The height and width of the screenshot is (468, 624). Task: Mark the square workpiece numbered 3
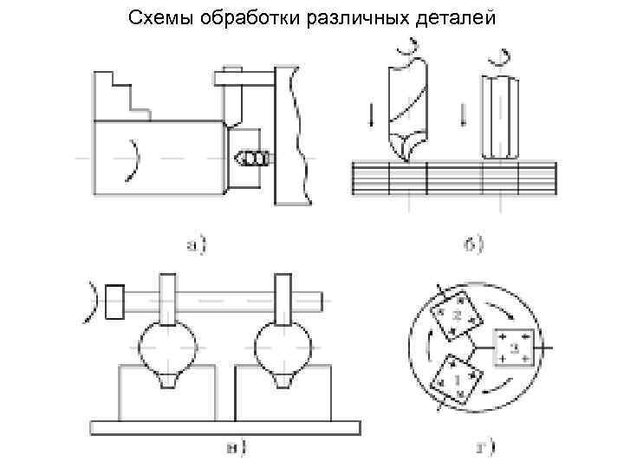click(513, 348)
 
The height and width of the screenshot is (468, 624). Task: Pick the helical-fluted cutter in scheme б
click(406, 108)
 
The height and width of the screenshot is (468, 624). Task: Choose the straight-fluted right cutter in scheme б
click(500, 117)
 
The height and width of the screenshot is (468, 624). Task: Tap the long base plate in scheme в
click(225, 426)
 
